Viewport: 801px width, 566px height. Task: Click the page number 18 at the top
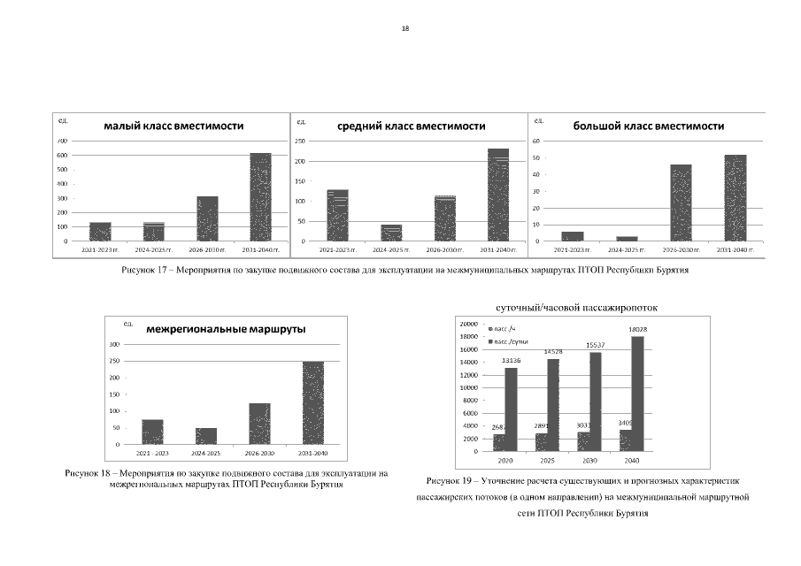click(x=405, y=28)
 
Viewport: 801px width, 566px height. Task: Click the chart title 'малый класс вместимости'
click(x=173, y=126)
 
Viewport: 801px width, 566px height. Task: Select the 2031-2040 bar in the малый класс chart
click(x=260, y=196)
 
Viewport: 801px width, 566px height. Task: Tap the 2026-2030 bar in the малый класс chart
click(x=207, y=218)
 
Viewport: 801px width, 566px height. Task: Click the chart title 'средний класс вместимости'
click(x=412, y=126)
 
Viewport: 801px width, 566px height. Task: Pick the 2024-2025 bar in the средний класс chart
click(x=391, y=233)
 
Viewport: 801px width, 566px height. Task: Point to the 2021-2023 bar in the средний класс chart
click(x=337, y=215)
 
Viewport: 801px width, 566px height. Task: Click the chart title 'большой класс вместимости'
click(x=649, y=126)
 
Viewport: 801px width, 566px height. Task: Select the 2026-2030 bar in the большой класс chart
click(x=681, y=203)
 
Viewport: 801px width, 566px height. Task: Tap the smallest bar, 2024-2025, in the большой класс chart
click(x=628, y=239)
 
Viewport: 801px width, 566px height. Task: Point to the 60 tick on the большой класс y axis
click(x=536, y=141)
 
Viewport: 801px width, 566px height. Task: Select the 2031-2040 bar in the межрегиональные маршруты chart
click(x=313, y=402)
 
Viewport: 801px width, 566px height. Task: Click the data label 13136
click(x=511, y=360)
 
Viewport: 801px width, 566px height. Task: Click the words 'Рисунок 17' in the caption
click(x=143, y=272)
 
